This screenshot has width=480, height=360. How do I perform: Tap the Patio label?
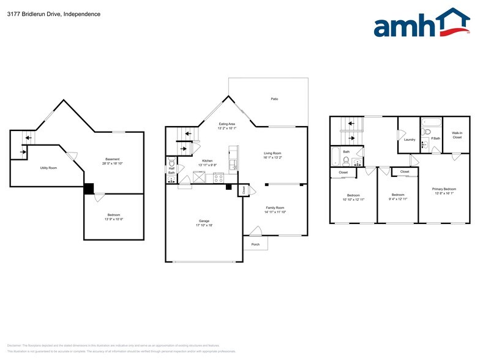274,99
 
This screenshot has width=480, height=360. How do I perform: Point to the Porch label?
255,244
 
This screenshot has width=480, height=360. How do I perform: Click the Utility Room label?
48,168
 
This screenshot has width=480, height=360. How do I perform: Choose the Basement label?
112,159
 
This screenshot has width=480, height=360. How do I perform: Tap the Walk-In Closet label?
457,135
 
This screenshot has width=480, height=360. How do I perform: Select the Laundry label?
410,140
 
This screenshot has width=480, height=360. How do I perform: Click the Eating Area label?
227,124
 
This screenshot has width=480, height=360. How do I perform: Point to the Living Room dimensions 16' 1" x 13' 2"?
272,158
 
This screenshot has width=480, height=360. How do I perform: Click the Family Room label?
275,208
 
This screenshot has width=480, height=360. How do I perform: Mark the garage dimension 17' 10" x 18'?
204,225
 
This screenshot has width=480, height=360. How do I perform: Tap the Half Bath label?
171,171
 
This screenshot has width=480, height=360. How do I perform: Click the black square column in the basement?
89,189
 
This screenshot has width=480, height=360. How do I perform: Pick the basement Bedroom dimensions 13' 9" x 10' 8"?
113,219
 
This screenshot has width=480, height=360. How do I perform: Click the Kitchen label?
207,160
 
